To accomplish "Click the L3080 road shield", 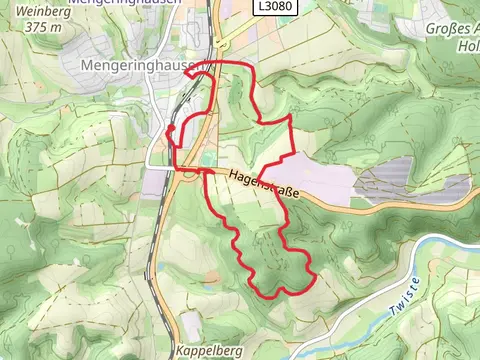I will tap(267, 7).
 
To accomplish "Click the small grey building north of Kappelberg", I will tap(191, 324).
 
